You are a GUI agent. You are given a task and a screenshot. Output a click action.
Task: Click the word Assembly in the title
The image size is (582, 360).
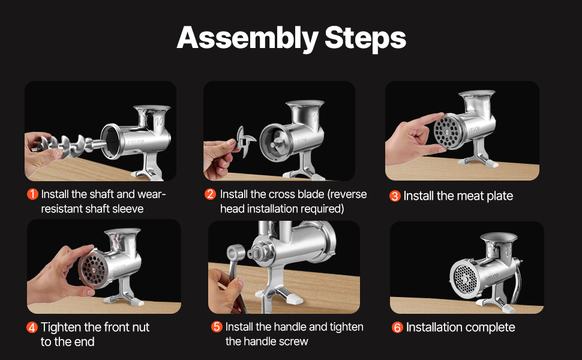tap(247, 38)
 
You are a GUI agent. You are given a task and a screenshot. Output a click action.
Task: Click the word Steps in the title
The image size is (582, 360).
tap(365, 38)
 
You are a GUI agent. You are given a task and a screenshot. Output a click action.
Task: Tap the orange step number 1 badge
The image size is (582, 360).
tap(32, 194)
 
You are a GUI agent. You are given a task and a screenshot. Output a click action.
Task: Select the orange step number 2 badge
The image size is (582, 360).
tap(210, 194)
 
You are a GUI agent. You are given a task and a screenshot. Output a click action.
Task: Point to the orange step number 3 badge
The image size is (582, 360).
tap(395, 196)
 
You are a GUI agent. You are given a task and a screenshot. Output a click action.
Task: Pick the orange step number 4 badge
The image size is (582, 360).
tap(32, 328)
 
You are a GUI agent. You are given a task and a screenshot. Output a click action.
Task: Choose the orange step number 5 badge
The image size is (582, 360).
tap(217, 326)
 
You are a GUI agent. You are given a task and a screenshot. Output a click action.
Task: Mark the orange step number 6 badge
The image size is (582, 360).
tap(397, 328)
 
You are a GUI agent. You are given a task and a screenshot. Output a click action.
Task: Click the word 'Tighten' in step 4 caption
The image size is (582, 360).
tap(61, 328)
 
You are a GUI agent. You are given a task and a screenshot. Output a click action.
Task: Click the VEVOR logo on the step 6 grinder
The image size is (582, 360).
tap(492, 277)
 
